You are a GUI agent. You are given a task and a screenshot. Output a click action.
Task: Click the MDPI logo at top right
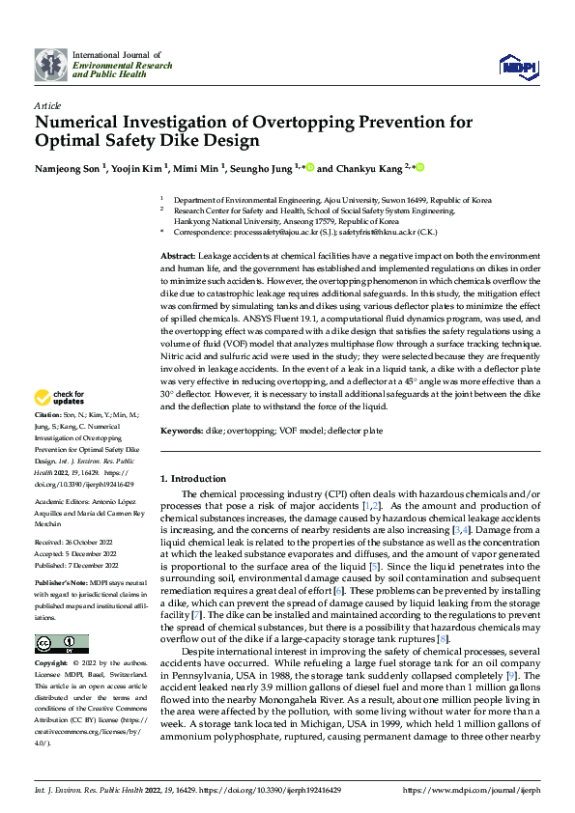point(512,65)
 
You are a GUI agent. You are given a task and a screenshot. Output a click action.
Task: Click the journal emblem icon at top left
point(51,65)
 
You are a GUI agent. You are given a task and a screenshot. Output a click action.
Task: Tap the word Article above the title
point(47,104)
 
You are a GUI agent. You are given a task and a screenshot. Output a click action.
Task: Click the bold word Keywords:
point(181,430)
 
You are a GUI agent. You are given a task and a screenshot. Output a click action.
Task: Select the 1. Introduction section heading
point(192,479)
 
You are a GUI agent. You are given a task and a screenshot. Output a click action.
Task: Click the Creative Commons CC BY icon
point(62,643)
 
